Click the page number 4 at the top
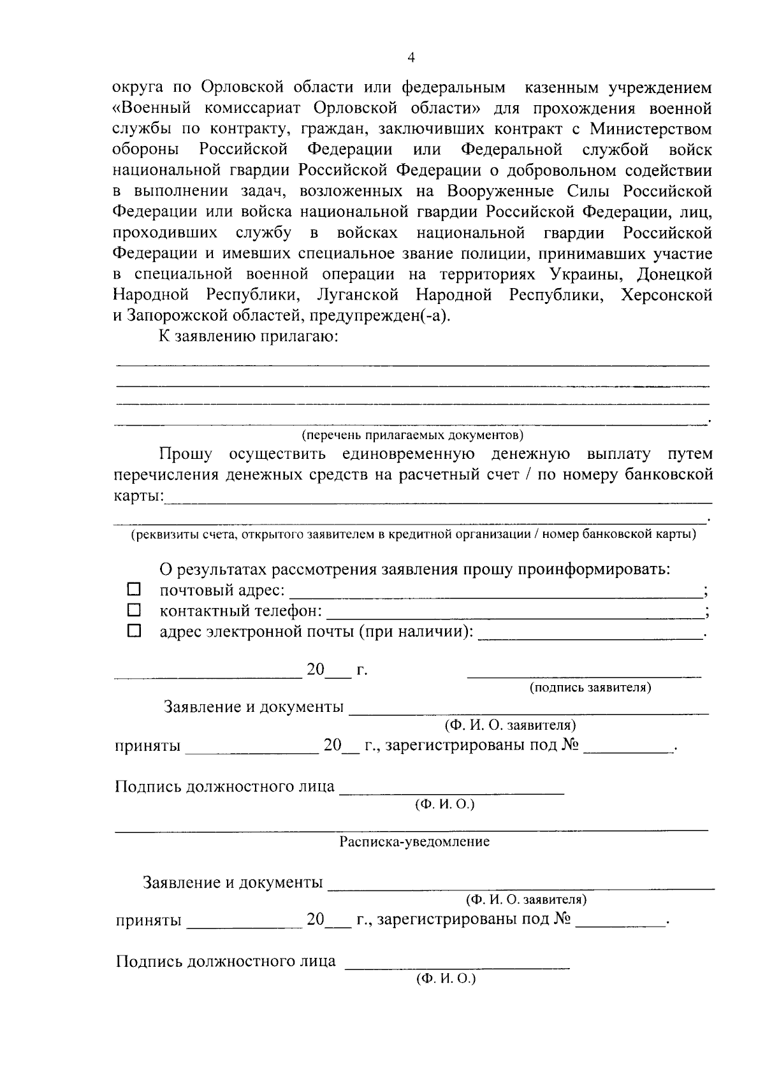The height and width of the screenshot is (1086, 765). pyautogui.click(x=411, y=58)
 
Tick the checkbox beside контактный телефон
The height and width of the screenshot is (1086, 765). pyautogui.click(x=134, y=610)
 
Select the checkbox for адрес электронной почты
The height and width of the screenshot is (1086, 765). pyautogui.click(x=134, y=631)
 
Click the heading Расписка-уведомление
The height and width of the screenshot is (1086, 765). pyautogui.click(x=414, y=841)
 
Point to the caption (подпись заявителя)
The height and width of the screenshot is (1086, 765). pyautogui.click(x=590, y=688)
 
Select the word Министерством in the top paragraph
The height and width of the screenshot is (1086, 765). pyautogui.click(x=651, y=129)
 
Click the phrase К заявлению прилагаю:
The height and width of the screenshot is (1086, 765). pyautogui.click(x=248, y=337)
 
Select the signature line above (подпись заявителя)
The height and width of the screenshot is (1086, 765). pyautogui.click(x=584, y=675)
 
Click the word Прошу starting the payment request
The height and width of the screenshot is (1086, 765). pyautogui.click(x=186, y=454)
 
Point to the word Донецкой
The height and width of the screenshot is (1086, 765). pyautogui.click(x=675, y=275)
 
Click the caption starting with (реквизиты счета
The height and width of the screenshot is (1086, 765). pyautogui.click(x=413, y=534)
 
